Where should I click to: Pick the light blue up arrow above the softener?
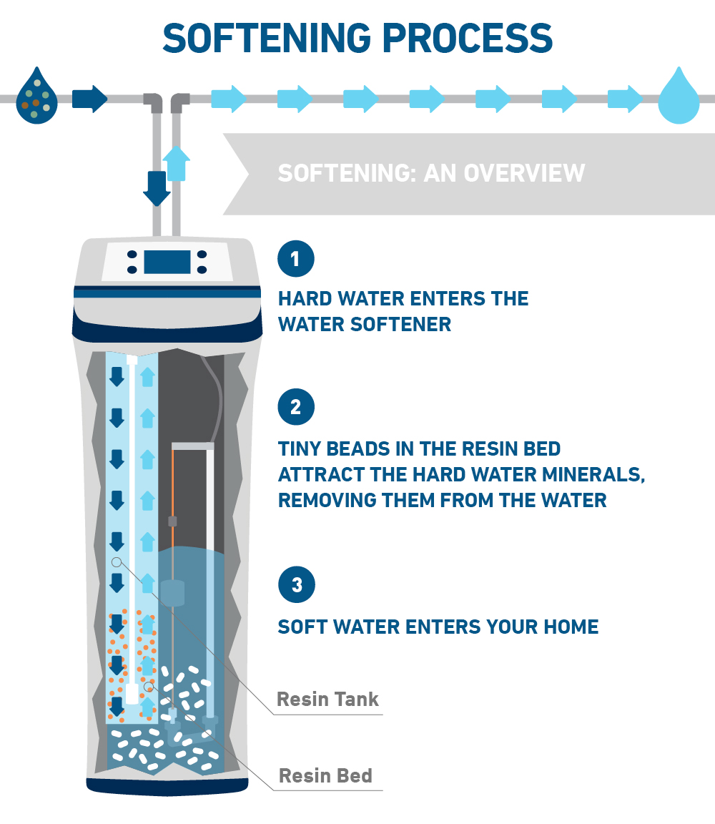(177, 162)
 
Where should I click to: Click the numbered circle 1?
(295, 258)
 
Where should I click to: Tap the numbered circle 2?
(295, 407)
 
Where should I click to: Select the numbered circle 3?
(295, 585)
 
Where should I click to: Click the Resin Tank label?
(327, 699)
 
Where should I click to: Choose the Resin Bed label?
(325, 775)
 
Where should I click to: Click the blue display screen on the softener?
(167, 262)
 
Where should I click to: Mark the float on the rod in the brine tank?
(173, 593)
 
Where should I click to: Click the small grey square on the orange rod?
(172, 521)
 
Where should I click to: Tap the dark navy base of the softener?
(167, 786)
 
